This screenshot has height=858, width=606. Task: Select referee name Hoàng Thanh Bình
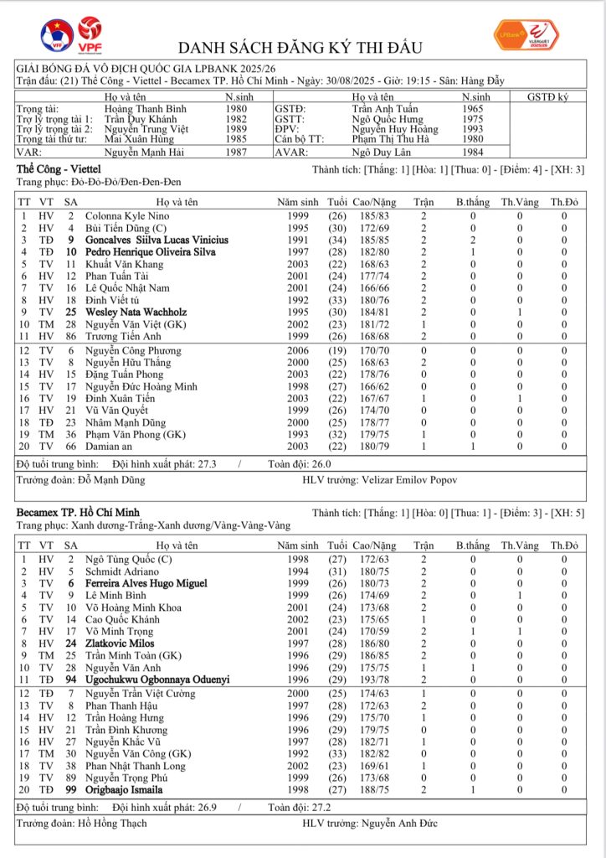tap(140, 109)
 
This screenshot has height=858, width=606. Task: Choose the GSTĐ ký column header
tap(547, 97)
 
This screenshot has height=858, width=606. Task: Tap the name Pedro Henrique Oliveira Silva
tap(151, 252)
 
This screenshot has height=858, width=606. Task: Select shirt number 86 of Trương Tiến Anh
tap(71, 336)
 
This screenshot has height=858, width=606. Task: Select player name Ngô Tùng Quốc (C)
tap(129, 559)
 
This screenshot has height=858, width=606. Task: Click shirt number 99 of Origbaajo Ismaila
tap(71, 789)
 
